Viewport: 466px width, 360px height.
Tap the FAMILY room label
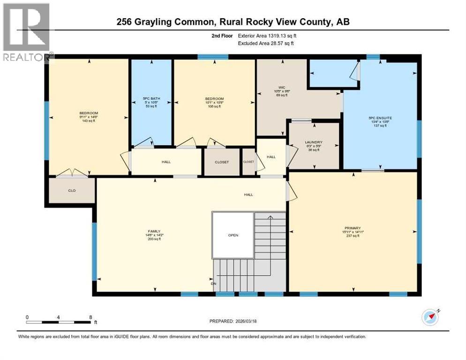pos(154,231)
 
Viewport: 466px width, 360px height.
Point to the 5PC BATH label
pos(151,99)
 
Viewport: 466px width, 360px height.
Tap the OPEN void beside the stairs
pos(233,235)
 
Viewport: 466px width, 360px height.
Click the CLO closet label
pos(72,191)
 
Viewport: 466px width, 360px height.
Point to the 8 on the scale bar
pos(90,317)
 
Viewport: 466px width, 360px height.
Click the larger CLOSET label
pos(222,162)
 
